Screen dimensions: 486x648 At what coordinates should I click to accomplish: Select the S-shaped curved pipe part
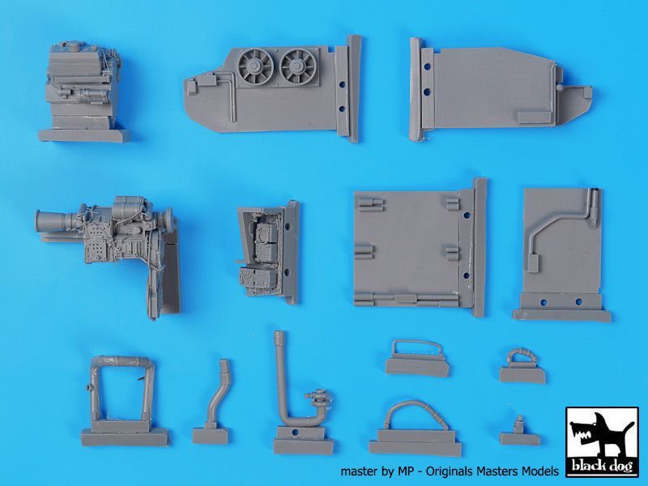click(214, 398)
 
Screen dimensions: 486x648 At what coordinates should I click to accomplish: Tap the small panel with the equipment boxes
click(266, 250)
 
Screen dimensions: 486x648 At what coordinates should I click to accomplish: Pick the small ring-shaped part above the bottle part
click(518, 360)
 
